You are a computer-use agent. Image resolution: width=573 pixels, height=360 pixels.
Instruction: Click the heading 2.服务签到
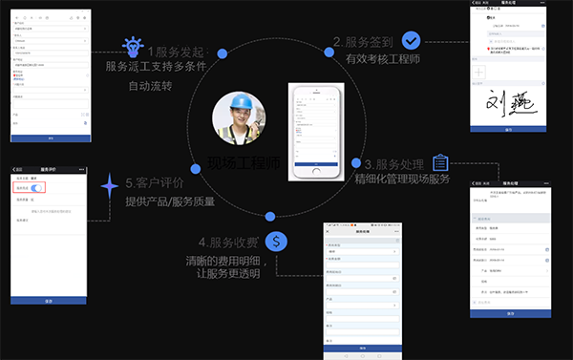pyautogui.click(x=364, y=42)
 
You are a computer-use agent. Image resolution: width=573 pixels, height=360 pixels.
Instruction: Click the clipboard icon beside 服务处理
pyautogui.click(x=440, y=162)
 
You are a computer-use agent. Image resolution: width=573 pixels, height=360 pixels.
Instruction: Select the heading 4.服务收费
pyautogui.click(x=229, y=243)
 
